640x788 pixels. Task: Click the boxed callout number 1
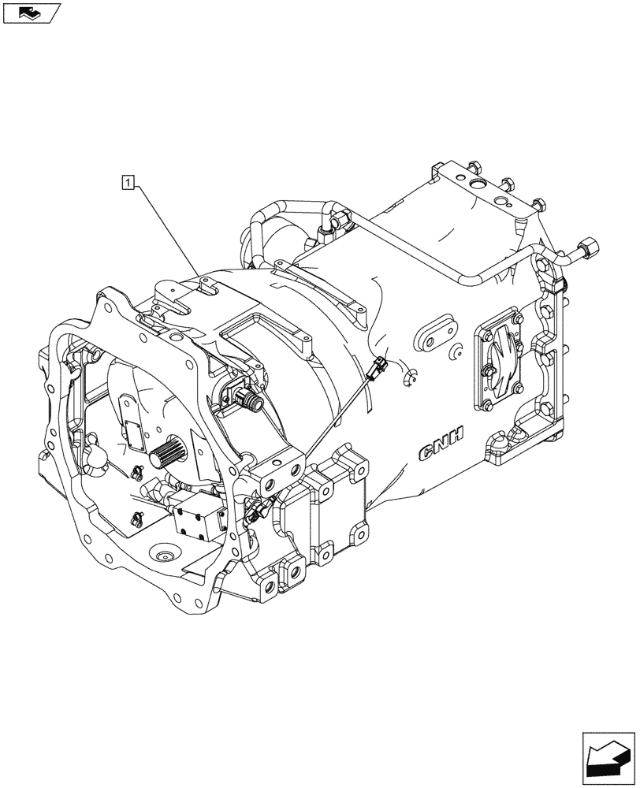128,184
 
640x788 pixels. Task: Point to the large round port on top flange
478,186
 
